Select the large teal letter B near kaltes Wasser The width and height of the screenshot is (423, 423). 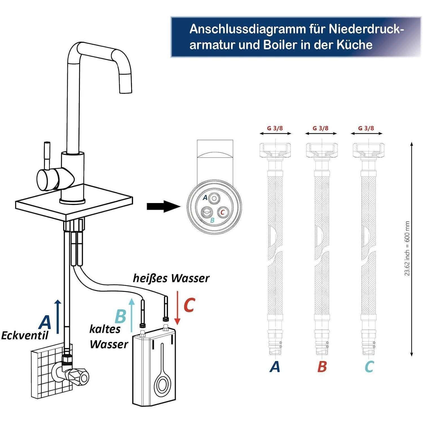(120, 316)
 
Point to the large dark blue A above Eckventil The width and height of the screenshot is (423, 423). (45, 322)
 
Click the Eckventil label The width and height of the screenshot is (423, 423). (25, 336)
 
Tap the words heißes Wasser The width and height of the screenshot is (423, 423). (171, 278)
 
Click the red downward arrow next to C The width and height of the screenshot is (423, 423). (177, 307)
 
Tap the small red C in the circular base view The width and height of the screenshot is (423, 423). (222, 212)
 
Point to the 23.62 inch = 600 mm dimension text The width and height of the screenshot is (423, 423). (407, 248)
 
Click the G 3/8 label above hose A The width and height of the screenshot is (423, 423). (275, 128)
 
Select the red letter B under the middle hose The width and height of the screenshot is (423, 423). (322, 367)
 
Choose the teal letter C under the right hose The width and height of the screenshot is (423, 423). (369, 367)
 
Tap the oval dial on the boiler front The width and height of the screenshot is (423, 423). (162, 385)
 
